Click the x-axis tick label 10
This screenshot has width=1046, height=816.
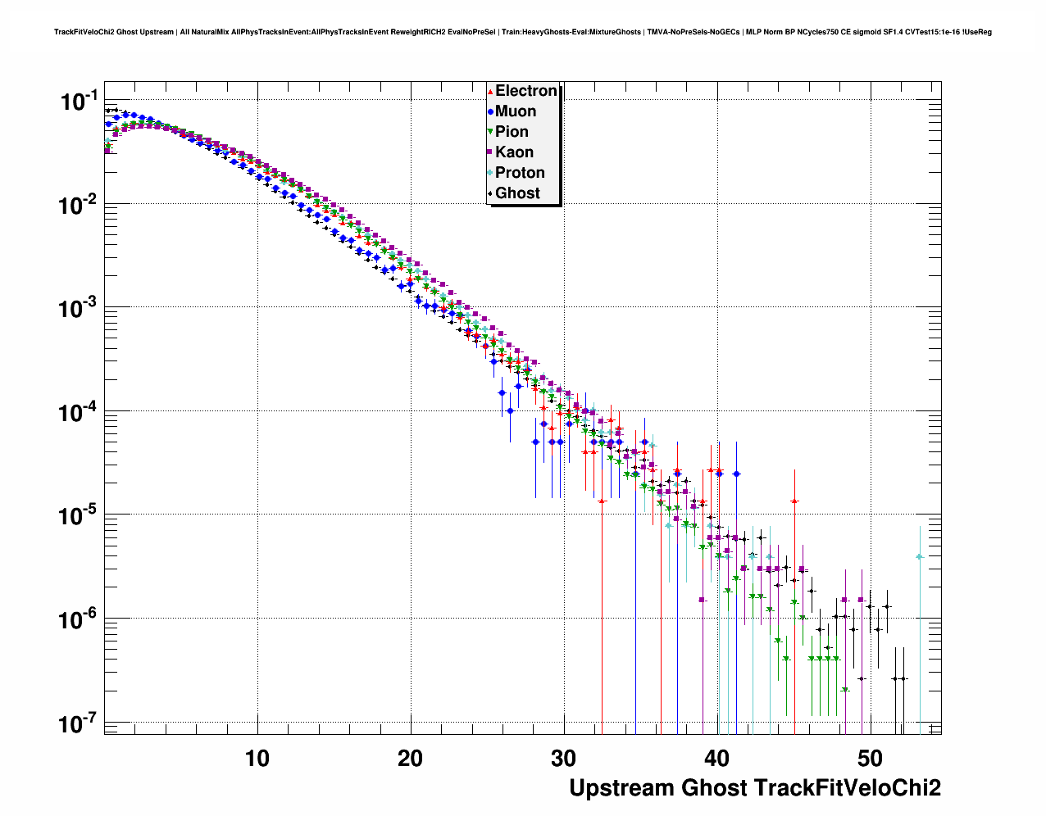pyautogui.click(x=257, y=759)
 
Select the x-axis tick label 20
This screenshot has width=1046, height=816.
pyautogui.click(x=411, y=759)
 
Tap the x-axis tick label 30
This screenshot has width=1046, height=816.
pyautogui.click(x=564, y=759)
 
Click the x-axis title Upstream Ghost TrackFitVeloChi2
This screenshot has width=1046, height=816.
pyautogui.click(x=755, y=788)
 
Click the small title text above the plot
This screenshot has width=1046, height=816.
pyautogui.click(x=523, y=32)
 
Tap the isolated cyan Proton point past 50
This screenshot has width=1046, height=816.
pyautogui.click(x=920, y=557)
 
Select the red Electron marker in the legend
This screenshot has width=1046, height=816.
pyautogui.click(x=490, y=91)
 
